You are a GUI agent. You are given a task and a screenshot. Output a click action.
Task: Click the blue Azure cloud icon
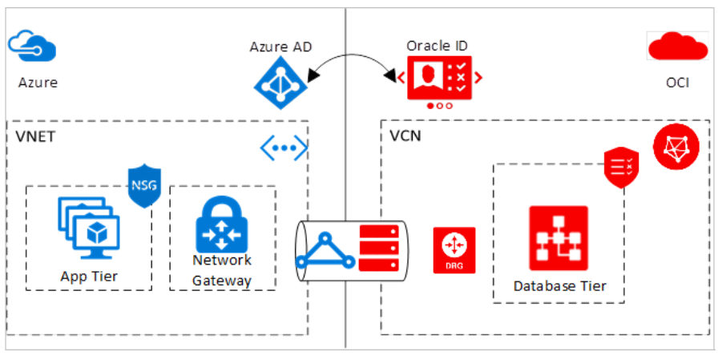tap(31, 47)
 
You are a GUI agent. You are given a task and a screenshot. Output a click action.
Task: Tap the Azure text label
tap(38, 83)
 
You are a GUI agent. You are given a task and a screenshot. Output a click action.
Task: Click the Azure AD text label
tap(280, 47)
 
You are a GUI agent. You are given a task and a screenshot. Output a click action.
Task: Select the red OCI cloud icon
tap(676, 49)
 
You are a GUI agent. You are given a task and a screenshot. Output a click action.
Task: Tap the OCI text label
tap(677, 83)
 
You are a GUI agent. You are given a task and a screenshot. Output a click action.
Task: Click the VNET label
tap(36, 136)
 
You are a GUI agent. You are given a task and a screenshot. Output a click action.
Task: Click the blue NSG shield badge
tap(144, 187)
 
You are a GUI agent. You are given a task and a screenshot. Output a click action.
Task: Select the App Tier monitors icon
tap(88, 228)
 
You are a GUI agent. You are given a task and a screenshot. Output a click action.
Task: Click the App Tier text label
tap(89, 277)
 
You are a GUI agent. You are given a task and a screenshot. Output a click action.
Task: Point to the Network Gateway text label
tap(222, 270)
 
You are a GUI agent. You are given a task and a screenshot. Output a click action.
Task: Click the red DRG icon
tap(454, 250)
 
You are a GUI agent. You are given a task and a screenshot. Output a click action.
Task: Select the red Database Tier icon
tap(558, 238)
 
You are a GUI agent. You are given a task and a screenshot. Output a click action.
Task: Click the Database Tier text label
tap(559, 285)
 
